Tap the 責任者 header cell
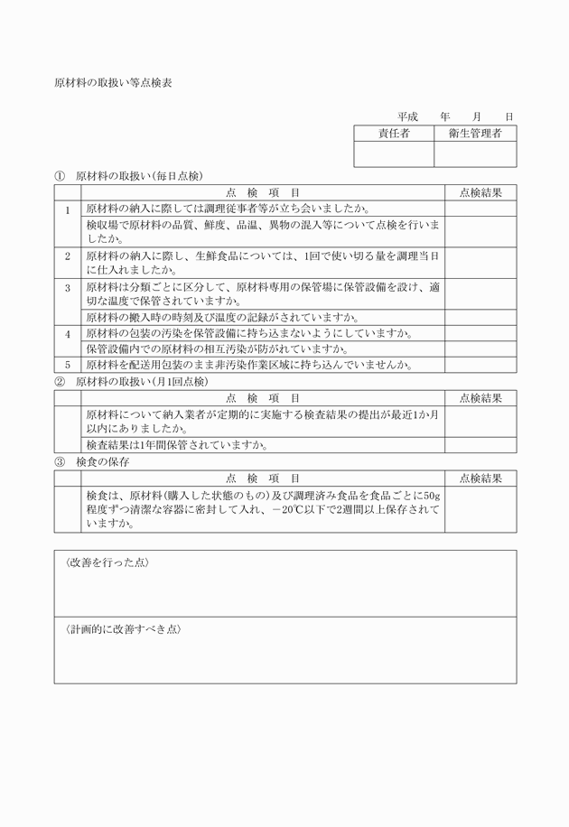393,134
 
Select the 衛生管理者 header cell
475,134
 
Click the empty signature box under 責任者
393,154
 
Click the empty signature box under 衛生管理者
475,154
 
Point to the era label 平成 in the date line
407,117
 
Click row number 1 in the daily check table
67,209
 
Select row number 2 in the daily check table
67,256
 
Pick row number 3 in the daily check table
67,287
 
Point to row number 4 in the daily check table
67,333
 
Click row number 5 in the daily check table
67,365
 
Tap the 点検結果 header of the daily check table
480,192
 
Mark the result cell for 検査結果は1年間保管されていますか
480,445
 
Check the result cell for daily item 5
480,365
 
